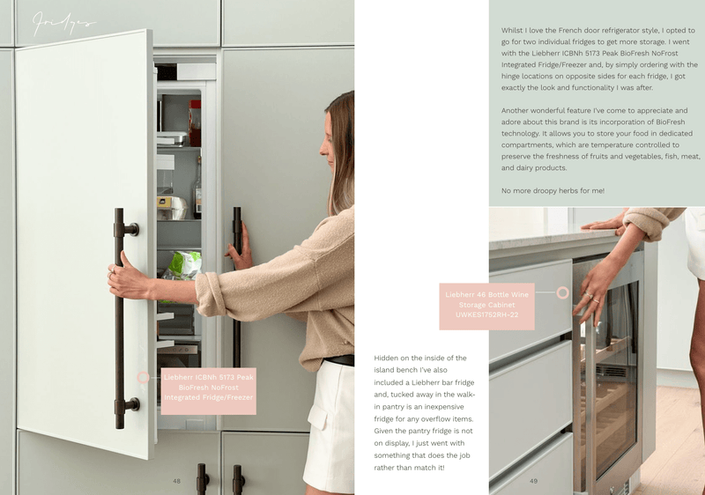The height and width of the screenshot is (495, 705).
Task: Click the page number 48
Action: click(176, 481)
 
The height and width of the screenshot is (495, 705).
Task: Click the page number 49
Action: click(533, 481)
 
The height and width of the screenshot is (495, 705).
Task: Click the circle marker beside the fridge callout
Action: click(144, 377)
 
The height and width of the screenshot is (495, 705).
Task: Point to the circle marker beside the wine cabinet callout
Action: click(562, 292)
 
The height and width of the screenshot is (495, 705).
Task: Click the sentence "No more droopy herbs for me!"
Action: click(553, 191)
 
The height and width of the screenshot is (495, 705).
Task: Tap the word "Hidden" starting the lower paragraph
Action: click(389, 358)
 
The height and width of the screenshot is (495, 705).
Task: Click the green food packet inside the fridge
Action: click(185, 263)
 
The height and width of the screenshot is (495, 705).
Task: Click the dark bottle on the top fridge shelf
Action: click(195, 123)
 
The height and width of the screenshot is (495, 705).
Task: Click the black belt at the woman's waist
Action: click(338, 360)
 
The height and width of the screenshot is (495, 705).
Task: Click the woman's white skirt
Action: click(330, 423)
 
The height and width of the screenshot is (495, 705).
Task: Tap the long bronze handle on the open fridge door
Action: click(119, 317)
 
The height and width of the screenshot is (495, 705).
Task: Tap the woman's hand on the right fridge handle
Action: click(240, 246)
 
